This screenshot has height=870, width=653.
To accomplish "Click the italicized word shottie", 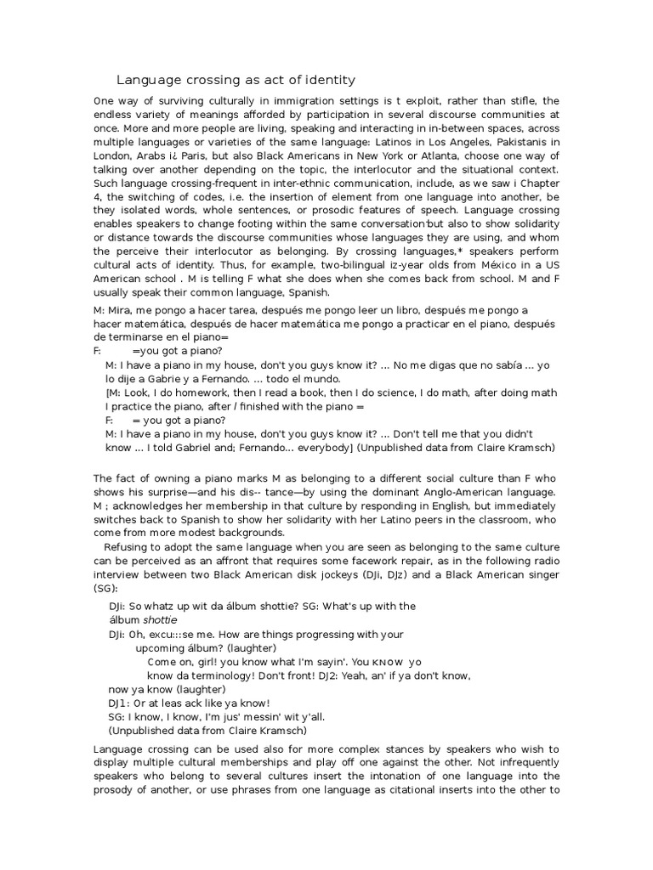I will point(169,620).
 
